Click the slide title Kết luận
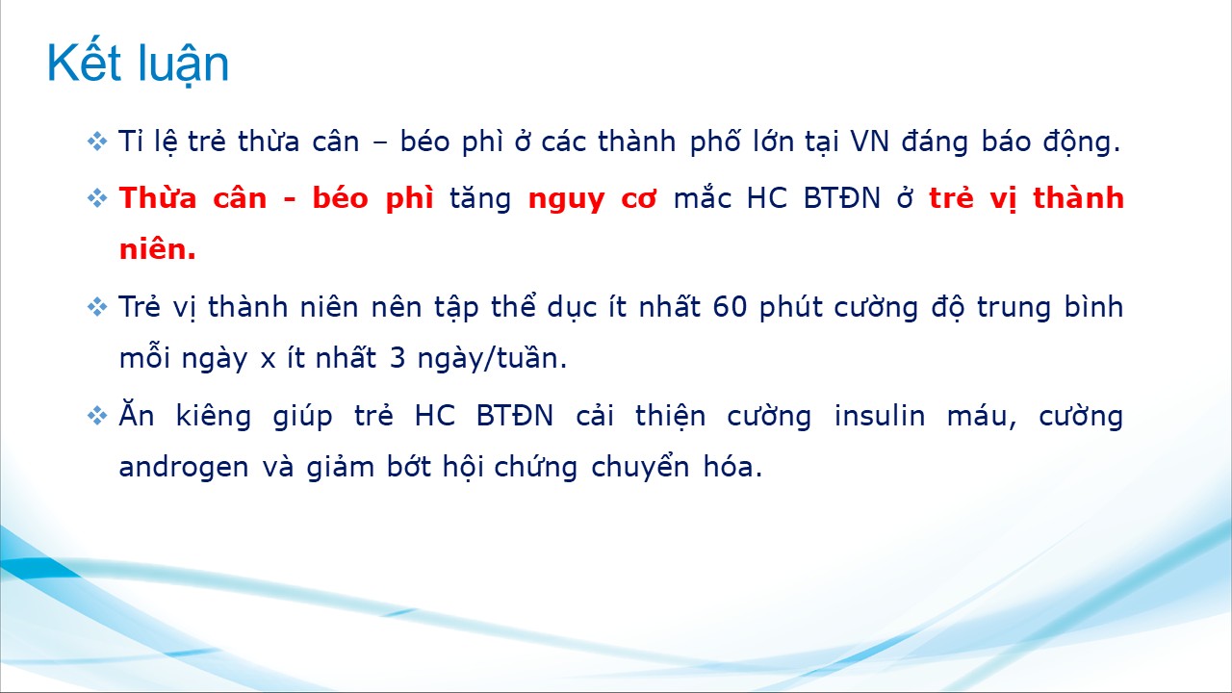coord(138,64)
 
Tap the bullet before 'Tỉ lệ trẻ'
coord(97,141)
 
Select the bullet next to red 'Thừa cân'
coord(97,198)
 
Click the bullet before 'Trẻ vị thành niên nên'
coord(97,307)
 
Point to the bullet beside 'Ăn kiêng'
coord(97,416)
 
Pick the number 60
coord(730,307)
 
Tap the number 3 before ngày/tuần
coord(398,358)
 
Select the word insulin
coord(880,416)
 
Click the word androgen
coord(184,468)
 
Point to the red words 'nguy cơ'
coord(592,199)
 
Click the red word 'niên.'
coord(158,249)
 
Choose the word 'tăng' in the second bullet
coord(480,199)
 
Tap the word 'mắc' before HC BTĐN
coord(702,197)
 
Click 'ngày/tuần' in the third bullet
coord(492,359)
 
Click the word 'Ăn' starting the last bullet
coord(137,414)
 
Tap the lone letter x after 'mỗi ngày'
coord(268,361)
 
